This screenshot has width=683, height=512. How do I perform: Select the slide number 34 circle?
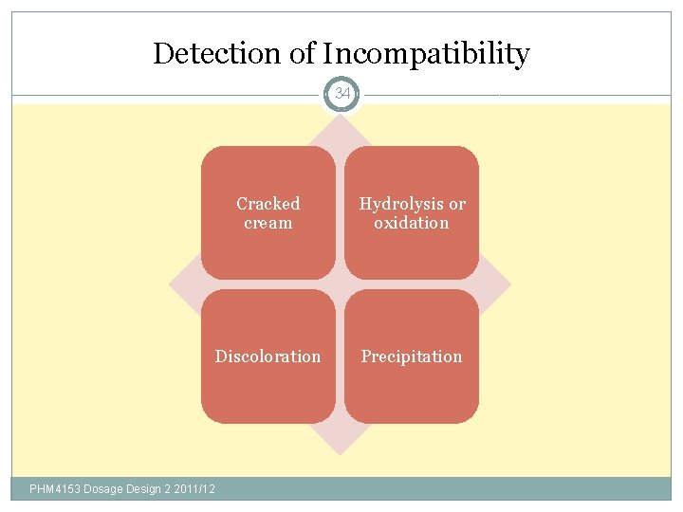point(341,94)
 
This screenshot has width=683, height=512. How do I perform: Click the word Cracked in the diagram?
point(268,204)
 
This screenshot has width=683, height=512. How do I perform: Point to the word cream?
point(268,223)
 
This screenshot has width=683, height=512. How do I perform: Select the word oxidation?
point(411,223)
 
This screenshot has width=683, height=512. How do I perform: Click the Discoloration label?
point(268,357)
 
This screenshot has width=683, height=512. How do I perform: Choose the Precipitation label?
point(411,357)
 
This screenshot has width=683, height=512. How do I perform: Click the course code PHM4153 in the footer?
point(55,489)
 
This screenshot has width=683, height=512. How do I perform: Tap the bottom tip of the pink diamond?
point(340,450)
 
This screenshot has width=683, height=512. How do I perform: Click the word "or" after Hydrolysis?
point(456,204)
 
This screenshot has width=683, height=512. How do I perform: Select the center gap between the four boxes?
point(340,284)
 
